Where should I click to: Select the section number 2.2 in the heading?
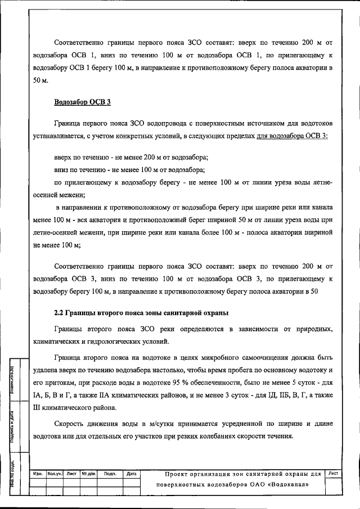(59, 313)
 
